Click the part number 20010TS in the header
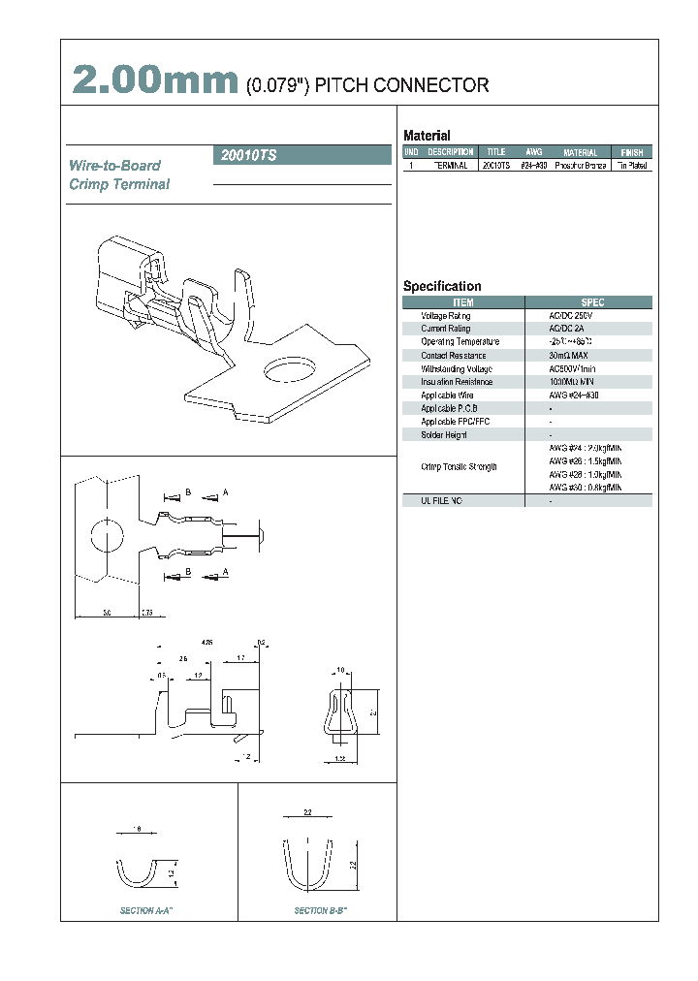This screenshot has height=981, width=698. pyautogui.click(x=249, y=155)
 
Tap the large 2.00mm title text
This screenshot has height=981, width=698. pyautogui.click(x=155, y=81)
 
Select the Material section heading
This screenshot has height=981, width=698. pyautogui.click(x=427, y=136)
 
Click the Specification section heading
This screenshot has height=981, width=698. pyautogui.click(x=442, y=286)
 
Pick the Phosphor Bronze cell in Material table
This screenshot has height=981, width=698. pyautogui.click(x=581, y=166)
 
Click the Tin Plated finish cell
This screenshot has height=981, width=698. pyautogui.click(x=631, y=166)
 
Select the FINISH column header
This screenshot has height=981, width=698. pyautogui.click(x=631, y=152)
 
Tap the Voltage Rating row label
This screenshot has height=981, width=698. pyautogui.click(x=446, y=316)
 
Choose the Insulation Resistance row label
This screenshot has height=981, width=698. pyautogui.click(x=457, y=382)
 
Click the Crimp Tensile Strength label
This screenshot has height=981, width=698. pyautogui.click(x=460, y=467)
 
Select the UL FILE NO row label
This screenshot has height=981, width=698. pyautogui.click(x=442, y=500)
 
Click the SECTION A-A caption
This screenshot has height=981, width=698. pyautogui.click(x=146, y=911)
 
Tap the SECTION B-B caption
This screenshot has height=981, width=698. pyautogui.click(x=322, y=911)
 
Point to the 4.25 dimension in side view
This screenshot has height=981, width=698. pyautogui.click(x=206, y=643)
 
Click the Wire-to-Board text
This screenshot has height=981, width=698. pyautogui.click(x=114, y=166)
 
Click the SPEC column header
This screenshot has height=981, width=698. pyautogui.click(x=592, y=302)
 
